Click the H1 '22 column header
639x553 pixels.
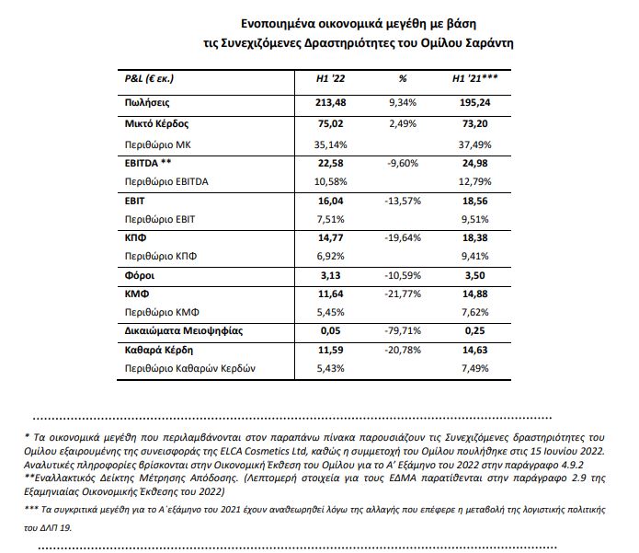click(330, 79)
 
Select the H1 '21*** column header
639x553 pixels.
click(477, 79)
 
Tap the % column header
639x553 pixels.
click(402, 79)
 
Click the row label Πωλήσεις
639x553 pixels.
click(149, 103)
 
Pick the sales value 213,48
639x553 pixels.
click(329, 103)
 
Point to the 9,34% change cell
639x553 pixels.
click(402, 103)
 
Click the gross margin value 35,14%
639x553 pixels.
click(329, 144)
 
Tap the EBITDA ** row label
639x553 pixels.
click(148, 164)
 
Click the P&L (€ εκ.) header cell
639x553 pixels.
click(149, 79)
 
